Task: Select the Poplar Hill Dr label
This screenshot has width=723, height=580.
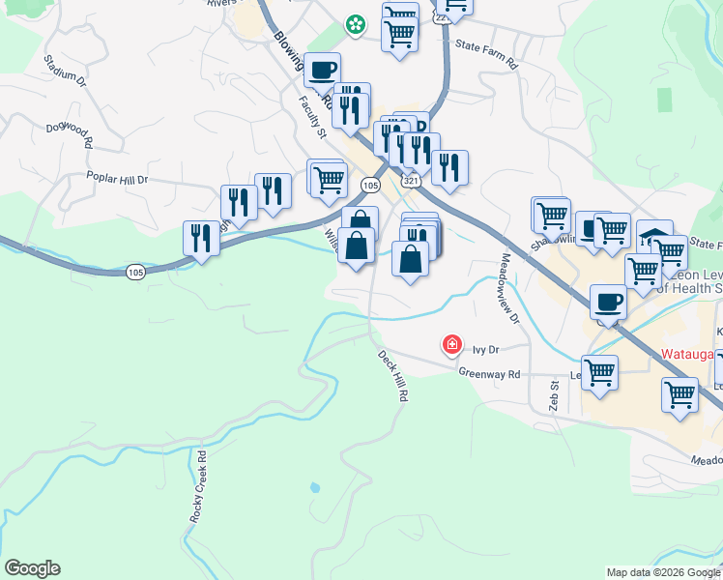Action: tap(117, 179)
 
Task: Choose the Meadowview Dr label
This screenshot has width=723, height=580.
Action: tap(509, 288)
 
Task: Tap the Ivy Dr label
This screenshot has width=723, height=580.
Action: tap(484, 351)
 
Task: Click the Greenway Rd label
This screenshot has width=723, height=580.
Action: tap(489, 373)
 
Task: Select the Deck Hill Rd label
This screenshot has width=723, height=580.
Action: tap(393, 376)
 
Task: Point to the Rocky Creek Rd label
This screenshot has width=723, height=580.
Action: tap(199, 486)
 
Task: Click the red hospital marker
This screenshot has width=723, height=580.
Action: tap(451, 344)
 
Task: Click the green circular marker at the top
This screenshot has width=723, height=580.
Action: tap(356, 24)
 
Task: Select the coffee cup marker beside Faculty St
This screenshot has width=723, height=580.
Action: tap(323, 71)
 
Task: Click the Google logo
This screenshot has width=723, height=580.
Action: tap(32, 568)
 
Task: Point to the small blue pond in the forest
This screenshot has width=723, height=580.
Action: tap(314, 488)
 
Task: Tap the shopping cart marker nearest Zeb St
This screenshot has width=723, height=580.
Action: tap(599, 372)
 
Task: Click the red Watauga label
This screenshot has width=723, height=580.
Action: tap(689, 353)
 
